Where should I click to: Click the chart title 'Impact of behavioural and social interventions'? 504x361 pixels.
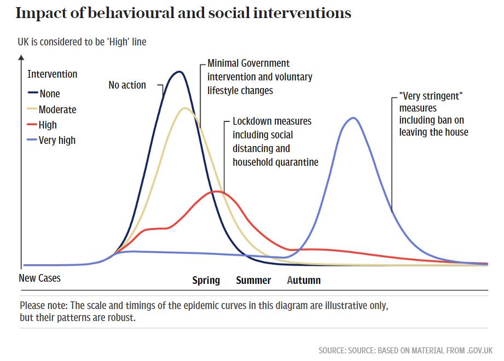tap(183, 13)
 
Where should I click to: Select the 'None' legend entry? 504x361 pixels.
tap(49, 94)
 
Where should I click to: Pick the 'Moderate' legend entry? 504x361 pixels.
tap(57, 109)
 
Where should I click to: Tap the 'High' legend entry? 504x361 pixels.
tap(48, 125)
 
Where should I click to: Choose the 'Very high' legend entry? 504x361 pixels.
tap(57, 140)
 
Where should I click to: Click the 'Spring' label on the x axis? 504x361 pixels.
tap(206, 280)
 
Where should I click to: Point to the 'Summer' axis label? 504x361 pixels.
tap(253, 280)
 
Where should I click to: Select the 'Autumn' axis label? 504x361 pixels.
tap(304, 280)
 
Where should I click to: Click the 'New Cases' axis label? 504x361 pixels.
tap(40, 278)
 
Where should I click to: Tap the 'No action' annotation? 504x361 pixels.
tap(127, 85)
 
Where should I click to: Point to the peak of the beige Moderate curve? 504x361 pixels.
tap(185, 108)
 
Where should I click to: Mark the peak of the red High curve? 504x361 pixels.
tap(217, 191)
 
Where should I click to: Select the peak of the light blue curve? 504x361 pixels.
tap(354, 118)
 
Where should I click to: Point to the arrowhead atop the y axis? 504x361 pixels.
tap(21, 56)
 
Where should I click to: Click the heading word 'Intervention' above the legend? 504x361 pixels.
tap(52, 74)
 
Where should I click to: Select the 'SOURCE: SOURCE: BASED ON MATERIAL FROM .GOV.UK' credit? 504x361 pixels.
tap(405, 350)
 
